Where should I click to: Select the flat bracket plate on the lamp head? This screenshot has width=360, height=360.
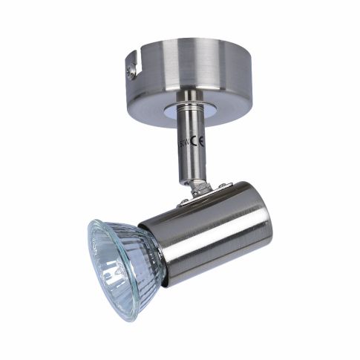[199, 191]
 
